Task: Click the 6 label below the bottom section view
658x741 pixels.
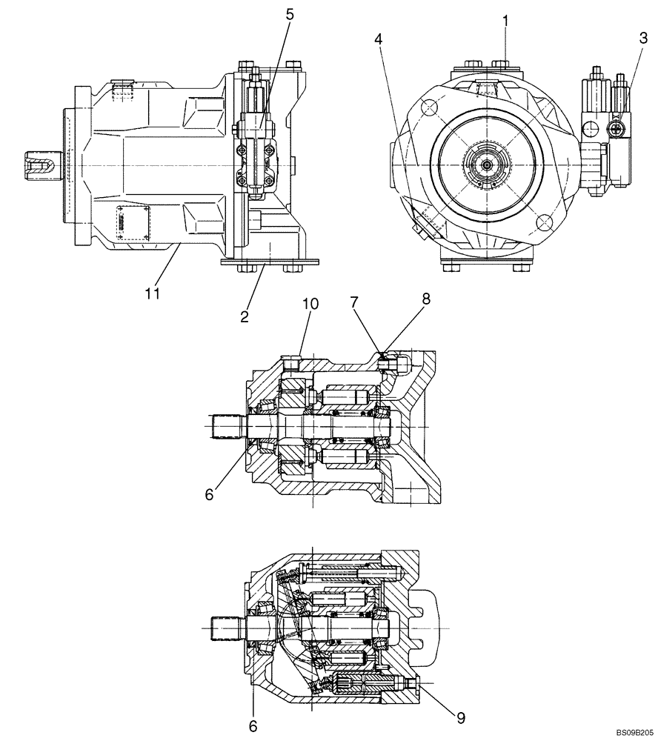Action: coord(253,727)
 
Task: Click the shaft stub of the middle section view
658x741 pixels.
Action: coord(226,428)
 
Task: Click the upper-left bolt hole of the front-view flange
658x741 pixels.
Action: coord(428,107)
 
